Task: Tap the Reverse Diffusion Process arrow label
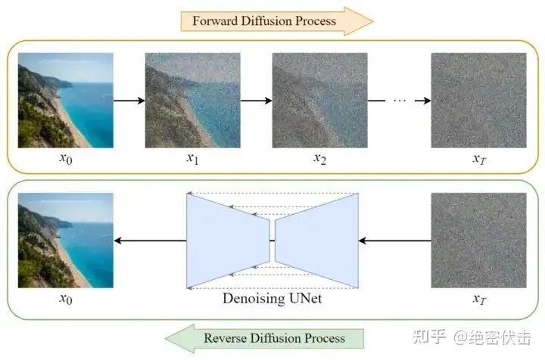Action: (274, 338)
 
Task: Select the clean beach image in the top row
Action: (65, 100)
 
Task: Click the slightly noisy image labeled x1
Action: (192, 100)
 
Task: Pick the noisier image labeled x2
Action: (319, 100)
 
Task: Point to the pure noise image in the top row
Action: (478, 100)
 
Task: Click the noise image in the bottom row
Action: (478, 241)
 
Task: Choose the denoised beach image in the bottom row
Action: (65, 241)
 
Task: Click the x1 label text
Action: (192, 159)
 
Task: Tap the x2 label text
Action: (319, 159)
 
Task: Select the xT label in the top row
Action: (478, 159)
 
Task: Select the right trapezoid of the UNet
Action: (316, 241)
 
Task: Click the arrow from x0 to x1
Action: (129, 100)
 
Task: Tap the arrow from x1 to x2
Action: (256, 100)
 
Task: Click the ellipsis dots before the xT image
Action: (400, 100)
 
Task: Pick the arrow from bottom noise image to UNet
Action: (394, 241)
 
